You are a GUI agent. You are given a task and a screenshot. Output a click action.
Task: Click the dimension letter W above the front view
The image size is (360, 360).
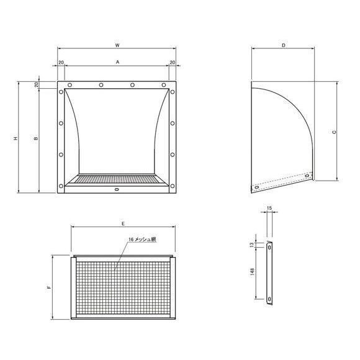117,45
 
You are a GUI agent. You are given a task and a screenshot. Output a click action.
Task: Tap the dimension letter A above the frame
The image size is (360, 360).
117,62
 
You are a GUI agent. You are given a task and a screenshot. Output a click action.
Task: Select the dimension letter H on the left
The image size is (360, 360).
16,138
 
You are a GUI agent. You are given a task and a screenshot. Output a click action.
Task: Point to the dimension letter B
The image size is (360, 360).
36,138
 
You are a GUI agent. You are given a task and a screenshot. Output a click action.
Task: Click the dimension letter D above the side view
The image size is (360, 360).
284,45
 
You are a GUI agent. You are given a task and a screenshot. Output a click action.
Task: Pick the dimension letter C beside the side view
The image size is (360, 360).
335,132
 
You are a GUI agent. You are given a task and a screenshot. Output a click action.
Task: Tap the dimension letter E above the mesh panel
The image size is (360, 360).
124,223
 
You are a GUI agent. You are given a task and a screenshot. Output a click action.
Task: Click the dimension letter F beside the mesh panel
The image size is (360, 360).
49,287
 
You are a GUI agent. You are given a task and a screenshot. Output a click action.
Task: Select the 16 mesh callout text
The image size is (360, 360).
142,240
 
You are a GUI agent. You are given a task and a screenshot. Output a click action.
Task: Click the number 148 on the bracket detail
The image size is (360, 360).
253,272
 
